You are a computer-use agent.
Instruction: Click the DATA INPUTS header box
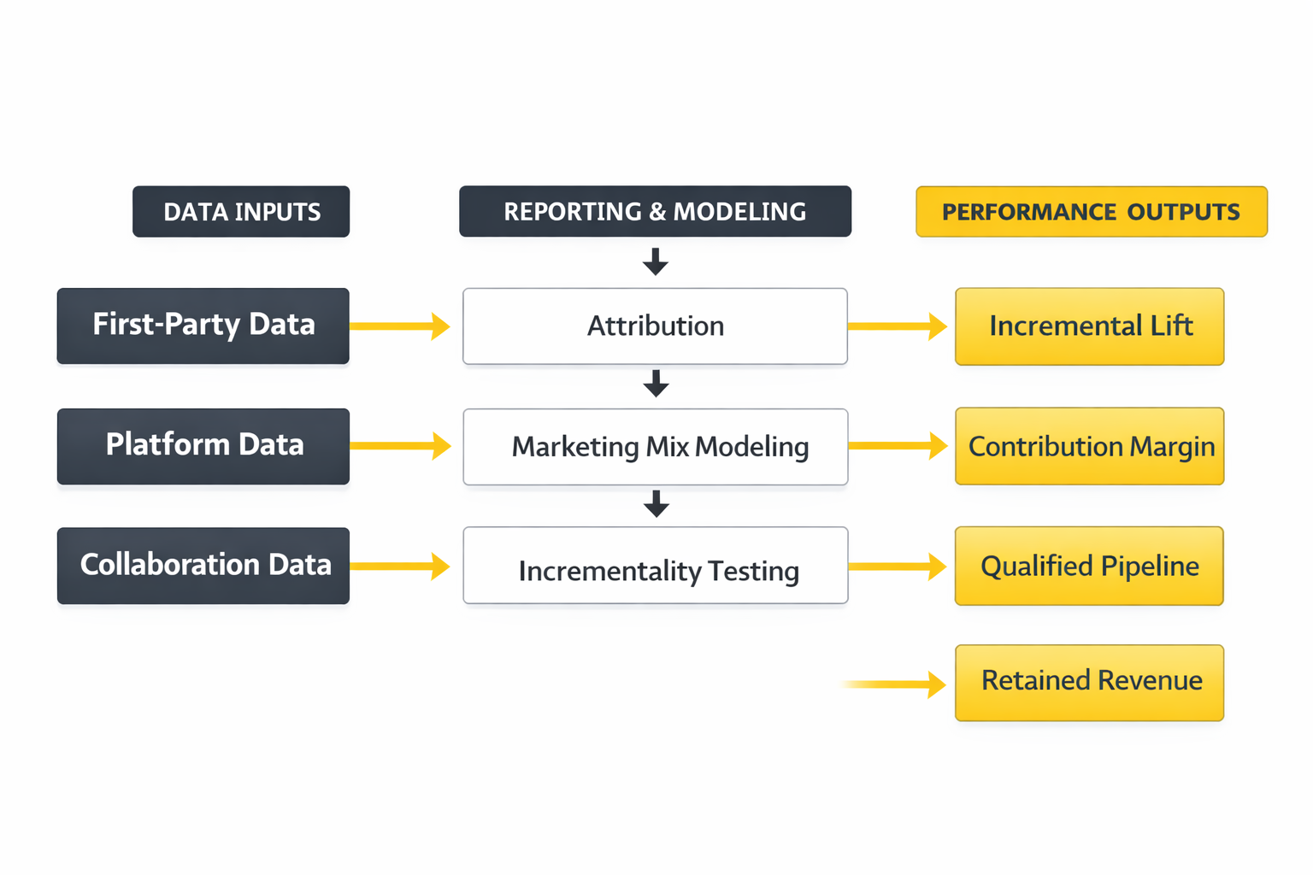pos(241,212)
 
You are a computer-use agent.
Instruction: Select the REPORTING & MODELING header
pos(655,212)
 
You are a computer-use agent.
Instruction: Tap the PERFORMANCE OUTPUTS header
pos(1091,212)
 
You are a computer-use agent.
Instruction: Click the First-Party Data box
pos(203,326)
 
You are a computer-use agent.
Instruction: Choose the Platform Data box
pos(203,445)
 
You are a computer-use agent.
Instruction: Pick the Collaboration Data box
pos(203,565)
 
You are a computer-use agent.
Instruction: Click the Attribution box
pos(655,326)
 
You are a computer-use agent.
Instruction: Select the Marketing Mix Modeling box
pos(655,446)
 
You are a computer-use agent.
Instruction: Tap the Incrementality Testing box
pos(655,566)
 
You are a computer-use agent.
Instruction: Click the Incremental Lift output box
pos(1089,326)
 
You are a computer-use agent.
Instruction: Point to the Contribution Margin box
pos(1089,446)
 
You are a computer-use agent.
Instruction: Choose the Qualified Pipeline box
pos(1089,566)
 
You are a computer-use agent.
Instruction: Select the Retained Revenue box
pos(1089,682)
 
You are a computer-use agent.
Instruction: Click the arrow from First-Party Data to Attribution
pos(400,326)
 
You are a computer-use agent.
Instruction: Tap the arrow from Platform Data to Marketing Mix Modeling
pos(400,445)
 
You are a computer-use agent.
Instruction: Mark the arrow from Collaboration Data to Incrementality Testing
pos(400,566)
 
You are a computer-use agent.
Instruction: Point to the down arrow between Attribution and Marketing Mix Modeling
pos(656,384)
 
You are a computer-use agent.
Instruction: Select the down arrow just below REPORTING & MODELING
pos(656,261)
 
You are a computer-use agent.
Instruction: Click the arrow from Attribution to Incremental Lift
pos(898,326)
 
